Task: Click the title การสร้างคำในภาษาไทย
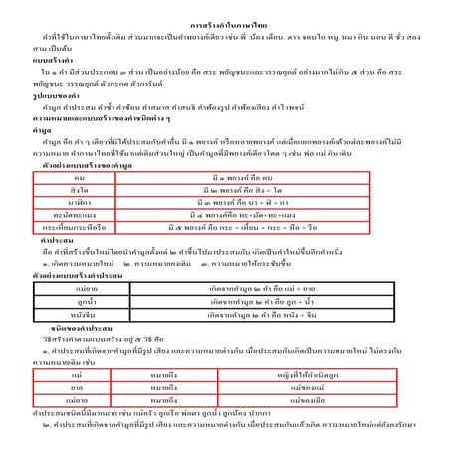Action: tap(225, 21)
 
